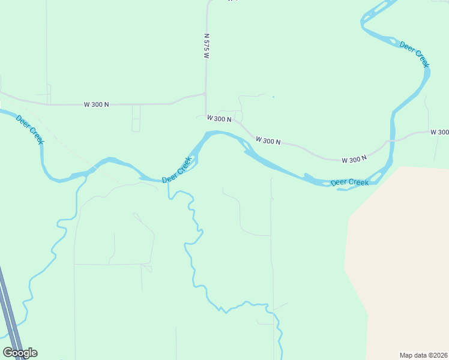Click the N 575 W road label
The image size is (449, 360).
coord(206,46)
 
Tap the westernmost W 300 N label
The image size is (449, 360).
coord(96,104)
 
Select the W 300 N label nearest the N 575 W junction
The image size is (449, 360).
coord(219,119)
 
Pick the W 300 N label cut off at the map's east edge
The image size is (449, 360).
coord(440,132)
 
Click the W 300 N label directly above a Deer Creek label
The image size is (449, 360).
coord(354,160)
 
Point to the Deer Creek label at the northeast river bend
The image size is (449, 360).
coord(415,55)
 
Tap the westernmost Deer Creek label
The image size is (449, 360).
coord(30,129)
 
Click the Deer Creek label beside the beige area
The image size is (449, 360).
coord(349,182)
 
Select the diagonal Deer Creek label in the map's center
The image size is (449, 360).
coord(178,170)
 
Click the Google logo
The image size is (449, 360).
coord(20,353)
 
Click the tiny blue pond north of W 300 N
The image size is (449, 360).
coord(273,97)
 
